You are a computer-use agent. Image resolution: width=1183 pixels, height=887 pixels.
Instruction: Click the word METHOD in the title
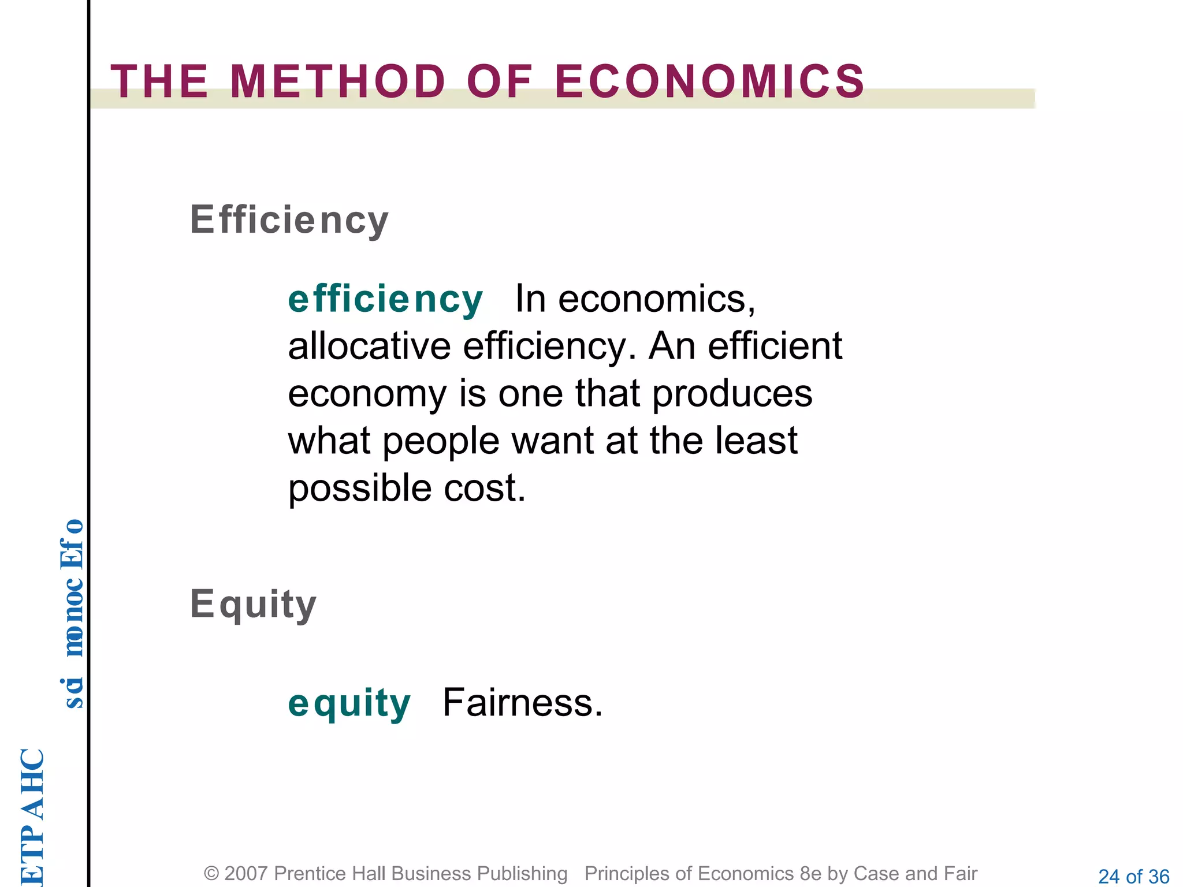coord(338,81)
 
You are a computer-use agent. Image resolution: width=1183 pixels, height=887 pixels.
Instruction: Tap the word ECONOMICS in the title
coord(710,81)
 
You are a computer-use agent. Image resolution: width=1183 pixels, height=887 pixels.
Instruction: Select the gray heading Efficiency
coord(289,220)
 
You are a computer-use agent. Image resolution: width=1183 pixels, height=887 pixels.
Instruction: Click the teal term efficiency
coord(385,300)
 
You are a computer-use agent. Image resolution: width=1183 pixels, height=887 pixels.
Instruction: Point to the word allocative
coord(369,346)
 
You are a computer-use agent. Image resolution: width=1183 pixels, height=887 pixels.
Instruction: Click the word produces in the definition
coord(732,394)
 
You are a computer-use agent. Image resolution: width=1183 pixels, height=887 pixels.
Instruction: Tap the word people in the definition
coord(441,441)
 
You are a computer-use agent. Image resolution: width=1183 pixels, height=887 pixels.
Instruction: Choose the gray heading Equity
coord(253,605)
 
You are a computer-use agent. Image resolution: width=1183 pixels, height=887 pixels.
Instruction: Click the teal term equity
coord(349,703)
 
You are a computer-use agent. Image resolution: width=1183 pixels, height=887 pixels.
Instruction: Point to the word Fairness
coord(522,703)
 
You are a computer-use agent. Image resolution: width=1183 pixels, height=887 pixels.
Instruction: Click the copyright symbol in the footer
coord(211,874)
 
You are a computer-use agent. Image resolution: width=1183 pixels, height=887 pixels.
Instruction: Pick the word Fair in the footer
coord(960,874)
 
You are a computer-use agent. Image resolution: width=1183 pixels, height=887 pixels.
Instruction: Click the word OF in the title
coord(499,81)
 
